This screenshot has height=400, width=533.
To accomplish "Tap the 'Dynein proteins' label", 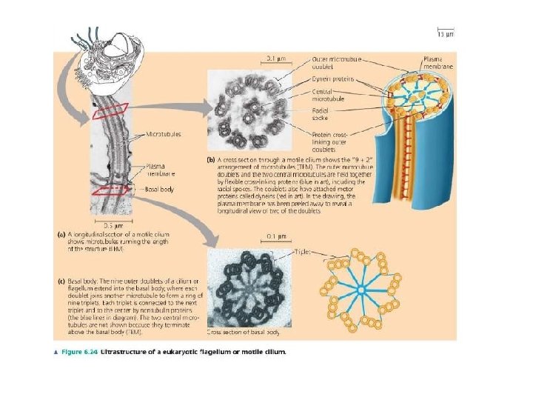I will pos(333,79).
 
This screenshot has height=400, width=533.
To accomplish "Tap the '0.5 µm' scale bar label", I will pos(113,225).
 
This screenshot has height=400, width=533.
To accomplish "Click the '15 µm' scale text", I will pos(443,34).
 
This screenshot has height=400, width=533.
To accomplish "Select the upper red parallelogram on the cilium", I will pos(111,112).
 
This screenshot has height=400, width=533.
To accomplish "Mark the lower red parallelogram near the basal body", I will pos(112,190).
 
